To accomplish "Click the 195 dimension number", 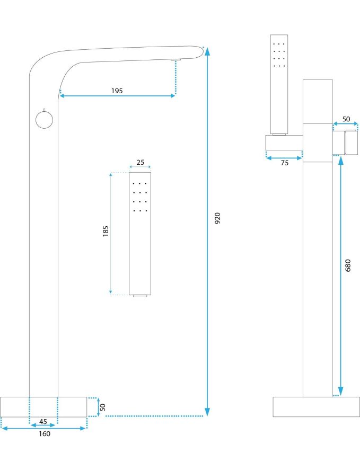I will pos(117,91).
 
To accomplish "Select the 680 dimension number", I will pos(348,265).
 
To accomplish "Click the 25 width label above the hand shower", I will pos(141,163).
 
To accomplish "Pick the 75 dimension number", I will pos(284,163).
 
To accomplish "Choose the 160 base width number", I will pos(44,434).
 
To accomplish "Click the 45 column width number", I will pos(43,422).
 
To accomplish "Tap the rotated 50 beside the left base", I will pos(103,407).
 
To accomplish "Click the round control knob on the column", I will pos(45,120).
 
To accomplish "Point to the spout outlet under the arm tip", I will pos(175,60).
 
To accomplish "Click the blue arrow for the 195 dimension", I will pos(118,96).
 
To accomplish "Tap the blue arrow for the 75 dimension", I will pos(284,157).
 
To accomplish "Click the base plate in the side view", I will pos(309,406).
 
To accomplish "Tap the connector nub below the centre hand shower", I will pos(140,297).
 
